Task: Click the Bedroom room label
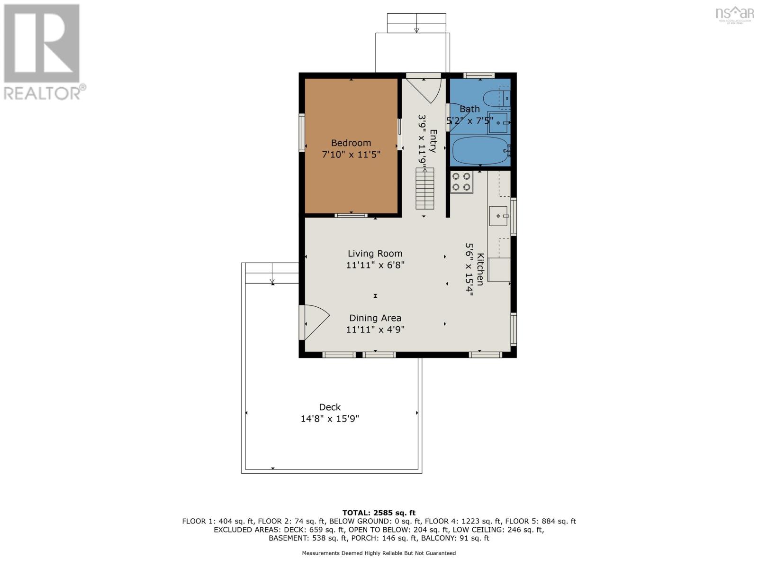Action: coord(351,143)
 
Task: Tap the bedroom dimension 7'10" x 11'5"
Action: coord(351,155)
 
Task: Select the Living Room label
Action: coord(375,254)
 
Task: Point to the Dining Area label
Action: coord(375,318)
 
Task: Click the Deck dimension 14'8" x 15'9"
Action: coord(330,419)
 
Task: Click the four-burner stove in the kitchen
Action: coord(461,182)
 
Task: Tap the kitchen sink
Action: coord(498,216)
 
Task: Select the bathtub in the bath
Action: coord(480,150)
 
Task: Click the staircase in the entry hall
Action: coord(425,188)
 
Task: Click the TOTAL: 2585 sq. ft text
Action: coord(379,513)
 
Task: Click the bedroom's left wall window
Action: coord(302,132)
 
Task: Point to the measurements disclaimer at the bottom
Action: coord(379,553)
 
